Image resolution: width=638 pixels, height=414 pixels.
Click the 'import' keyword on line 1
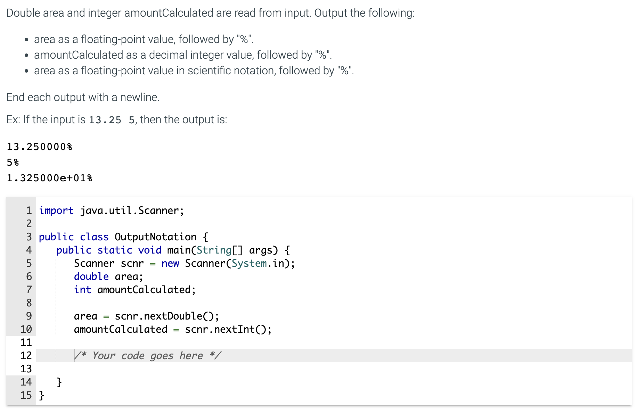pos(56,210)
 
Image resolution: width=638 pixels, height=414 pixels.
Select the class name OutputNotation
pos(155,237)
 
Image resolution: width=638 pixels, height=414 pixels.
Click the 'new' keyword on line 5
pos(170,263)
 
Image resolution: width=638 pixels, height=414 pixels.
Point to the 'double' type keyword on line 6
pos(91,276)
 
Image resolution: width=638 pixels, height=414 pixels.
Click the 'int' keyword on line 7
pos(82,290)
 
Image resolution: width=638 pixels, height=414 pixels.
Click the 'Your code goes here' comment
pos(147,356)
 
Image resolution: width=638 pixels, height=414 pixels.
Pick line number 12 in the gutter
pos(26,356)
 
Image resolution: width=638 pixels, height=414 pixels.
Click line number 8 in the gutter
pos(29,303)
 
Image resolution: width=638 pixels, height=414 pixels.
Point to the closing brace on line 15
pos(41,395)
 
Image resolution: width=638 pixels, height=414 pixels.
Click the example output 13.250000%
pos(39,147)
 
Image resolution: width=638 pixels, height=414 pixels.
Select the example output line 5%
pos(13,162)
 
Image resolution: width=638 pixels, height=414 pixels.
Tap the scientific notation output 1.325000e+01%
pos(49,178)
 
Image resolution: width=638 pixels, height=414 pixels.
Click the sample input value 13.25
pos(105,120)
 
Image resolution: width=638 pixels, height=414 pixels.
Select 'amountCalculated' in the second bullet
pos(79,55)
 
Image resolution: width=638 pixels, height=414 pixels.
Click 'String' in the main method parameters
pos(214,250)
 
